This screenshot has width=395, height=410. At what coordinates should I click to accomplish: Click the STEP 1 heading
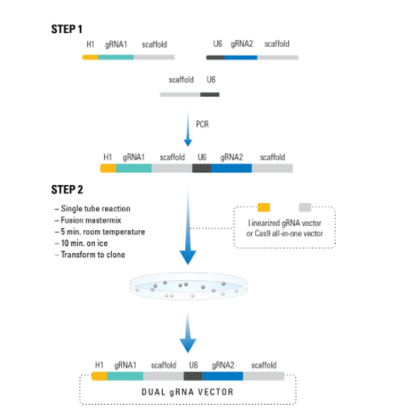(67, 29)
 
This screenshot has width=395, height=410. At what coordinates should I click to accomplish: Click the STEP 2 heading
(67, 189)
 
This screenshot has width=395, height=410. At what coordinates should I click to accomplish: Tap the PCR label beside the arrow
(203, 124)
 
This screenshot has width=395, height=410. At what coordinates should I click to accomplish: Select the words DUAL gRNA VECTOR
(187, 392)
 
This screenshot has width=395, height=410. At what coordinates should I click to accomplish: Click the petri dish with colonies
(188, 286)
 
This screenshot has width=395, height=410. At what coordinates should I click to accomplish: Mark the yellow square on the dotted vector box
(264, 207)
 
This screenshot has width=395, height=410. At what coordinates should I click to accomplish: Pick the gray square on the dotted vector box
(305, 207)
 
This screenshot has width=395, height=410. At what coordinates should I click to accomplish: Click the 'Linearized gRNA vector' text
(285, 223)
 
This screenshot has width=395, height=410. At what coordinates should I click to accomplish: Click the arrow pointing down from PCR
(188, 128)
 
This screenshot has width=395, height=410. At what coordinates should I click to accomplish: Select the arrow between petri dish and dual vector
(188, 332)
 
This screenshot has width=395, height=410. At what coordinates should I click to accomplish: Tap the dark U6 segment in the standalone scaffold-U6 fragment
(210, 94)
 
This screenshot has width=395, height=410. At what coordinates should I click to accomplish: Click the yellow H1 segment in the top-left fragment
(91, 58)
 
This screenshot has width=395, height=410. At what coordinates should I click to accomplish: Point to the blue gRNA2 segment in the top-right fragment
(241, 58)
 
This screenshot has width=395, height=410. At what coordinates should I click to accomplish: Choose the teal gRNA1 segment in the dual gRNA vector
(125, 376)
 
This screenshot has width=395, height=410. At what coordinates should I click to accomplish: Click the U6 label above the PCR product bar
(202, 157)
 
